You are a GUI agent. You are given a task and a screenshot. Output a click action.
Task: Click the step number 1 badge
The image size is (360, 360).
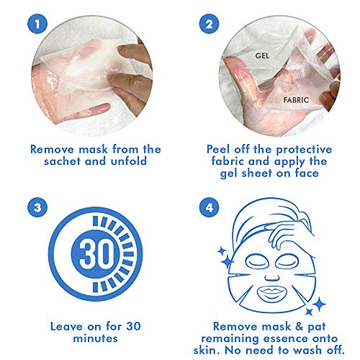point(37,24)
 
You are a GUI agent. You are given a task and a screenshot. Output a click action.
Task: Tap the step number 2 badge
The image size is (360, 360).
point(209,24)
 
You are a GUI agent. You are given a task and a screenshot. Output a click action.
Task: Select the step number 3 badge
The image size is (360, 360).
point(37,207)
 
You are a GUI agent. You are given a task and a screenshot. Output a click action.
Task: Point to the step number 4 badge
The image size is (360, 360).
point(209,207)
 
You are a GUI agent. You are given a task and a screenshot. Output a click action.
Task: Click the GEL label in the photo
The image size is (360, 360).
point(262,56)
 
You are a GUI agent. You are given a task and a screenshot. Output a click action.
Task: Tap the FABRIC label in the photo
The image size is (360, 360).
point(296,100)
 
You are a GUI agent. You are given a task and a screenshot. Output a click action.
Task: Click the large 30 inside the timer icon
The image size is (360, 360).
point(95,254)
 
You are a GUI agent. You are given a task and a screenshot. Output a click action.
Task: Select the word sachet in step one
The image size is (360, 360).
point(62,161)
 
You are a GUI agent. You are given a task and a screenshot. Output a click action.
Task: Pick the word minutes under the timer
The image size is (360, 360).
point(95,338)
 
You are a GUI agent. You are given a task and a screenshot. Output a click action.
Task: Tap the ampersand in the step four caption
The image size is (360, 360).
point(299,327)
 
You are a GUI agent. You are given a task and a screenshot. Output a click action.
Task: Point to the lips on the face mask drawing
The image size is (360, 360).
point(272,294)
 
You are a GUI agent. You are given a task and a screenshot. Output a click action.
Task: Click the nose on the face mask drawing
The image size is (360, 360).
point(272,276)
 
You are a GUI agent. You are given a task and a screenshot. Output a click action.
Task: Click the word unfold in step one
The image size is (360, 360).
point(129,161)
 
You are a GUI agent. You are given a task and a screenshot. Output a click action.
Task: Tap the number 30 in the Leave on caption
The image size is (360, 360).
point(133,327)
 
